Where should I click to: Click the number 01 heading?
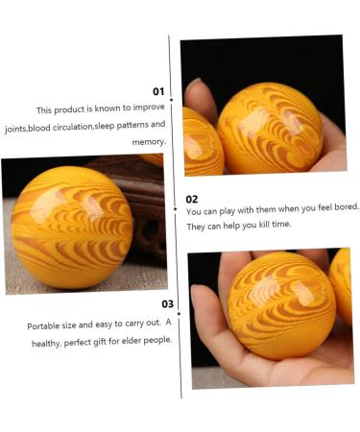pos(158,92)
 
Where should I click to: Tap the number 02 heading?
pos(192,199)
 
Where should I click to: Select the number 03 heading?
pos(167,304)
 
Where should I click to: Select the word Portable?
pos(46,326)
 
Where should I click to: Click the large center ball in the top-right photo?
pos(269,128)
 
